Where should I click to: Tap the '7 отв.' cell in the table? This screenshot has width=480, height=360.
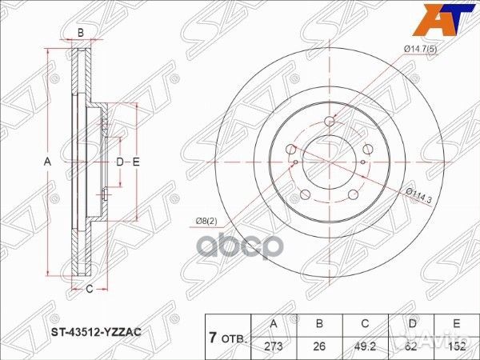point(229,335)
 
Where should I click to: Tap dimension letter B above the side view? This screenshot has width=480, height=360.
point(80,32)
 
